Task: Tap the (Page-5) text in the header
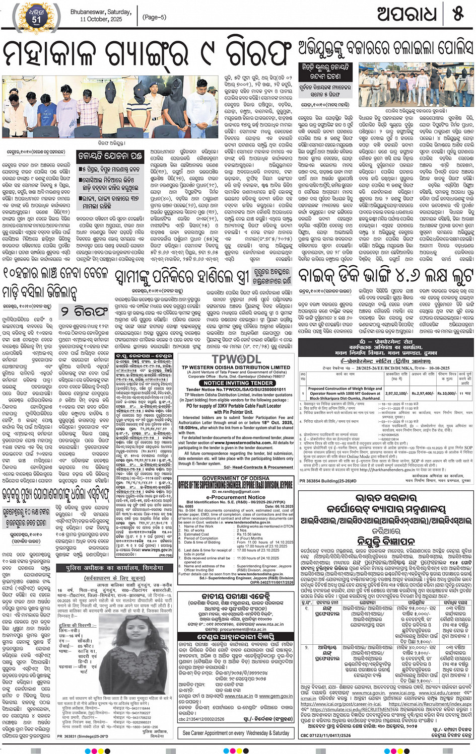pyautogui.click(x=155, y=17)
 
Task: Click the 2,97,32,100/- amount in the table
pyautogui.click(x=396, y=394)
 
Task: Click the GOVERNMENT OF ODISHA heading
pyautogui.click(x=236, y=478)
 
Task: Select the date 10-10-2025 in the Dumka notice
pyautogui.click(x=442, y=368)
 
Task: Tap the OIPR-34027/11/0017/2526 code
pyautogui.click(x=272, y=582)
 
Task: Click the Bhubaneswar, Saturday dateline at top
pyautogui.click(x=101, y=12)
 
